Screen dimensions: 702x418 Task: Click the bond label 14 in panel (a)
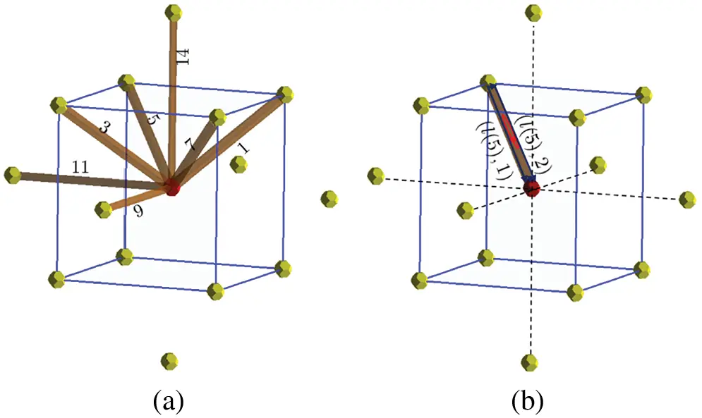[x=183, y=56]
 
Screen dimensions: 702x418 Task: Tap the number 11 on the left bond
[x=80, y=167]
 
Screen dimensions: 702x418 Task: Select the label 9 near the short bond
[x=139, y=210]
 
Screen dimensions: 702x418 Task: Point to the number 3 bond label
[x=104, y=129]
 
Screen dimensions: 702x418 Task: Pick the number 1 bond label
[x=243, y=148]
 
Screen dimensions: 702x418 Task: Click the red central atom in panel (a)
[x=172, y=188]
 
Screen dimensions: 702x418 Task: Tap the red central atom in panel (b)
[x=531, y=188]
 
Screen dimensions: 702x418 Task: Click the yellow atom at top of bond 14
[x=174, y=12]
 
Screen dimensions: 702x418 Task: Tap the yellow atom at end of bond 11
[x=12, y=175]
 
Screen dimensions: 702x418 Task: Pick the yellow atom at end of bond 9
[x=104, y=209]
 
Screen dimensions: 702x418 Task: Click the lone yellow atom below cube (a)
[x=169, y=361]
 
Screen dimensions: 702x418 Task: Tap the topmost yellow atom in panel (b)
[x=533, y=12]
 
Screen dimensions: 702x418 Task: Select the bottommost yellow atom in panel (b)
[x=530, y=362]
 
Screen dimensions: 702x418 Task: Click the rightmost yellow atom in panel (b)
[x=688, y=199]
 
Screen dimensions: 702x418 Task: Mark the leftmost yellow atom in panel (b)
[x=376, y=176]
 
